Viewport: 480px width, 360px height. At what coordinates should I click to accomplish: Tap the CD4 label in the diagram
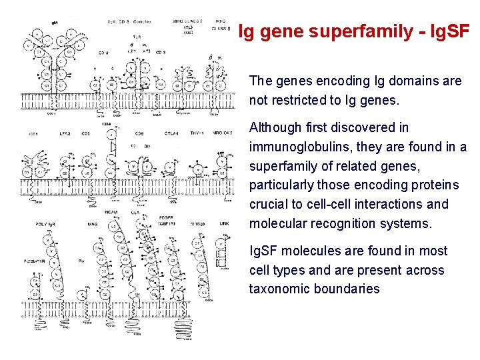107,125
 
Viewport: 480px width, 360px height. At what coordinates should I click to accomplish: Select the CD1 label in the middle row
33,134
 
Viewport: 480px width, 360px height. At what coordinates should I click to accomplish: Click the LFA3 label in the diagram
65,134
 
